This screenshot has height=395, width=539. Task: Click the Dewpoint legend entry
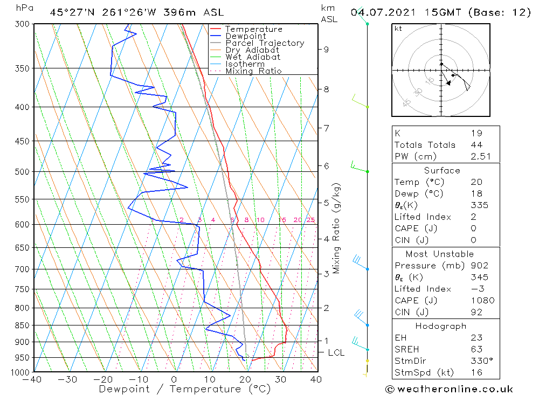(x=245, y=36)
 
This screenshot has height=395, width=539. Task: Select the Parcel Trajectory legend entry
(x=264, y=43)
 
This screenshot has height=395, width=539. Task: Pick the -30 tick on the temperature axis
(x=68, y=379)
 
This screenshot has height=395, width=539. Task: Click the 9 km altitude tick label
(x=326, y=50)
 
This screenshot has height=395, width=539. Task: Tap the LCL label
(x=336, y=352)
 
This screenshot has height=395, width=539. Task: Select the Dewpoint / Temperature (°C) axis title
(x=185, y=389)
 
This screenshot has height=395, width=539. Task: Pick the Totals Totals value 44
(x=476, y=145)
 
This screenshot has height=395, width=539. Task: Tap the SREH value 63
(x=476, y=349)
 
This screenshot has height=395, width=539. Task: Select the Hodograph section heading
(x=441, y=326)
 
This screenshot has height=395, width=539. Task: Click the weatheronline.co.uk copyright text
(x=449, y=389)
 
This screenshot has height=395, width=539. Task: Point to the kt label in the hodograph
(x=398, y=29)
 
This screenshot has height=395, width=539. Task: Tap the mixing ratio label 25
(x=310, y=220)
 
